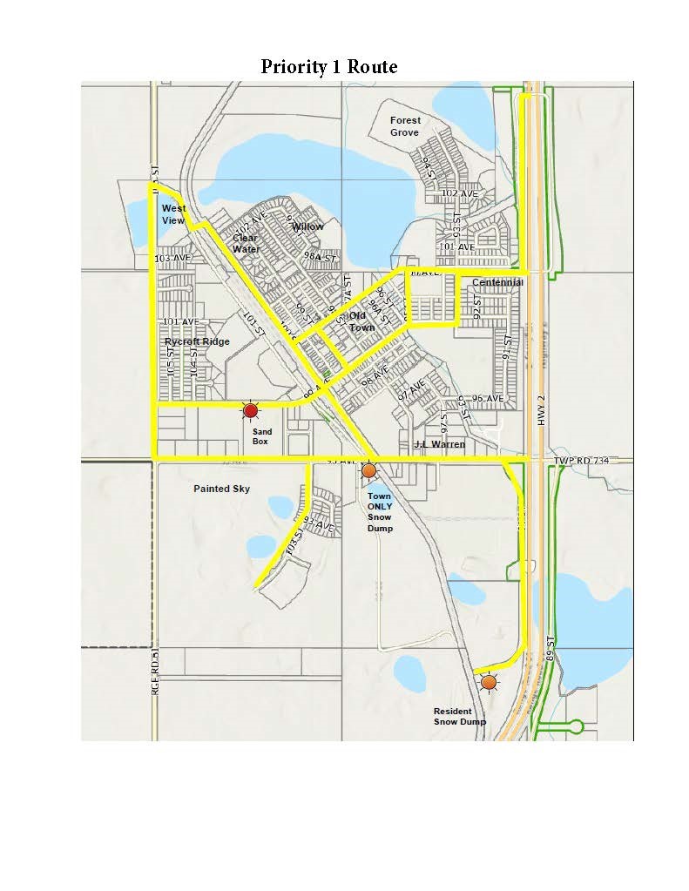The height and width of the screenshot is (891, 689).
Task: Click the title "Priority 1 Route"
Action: pos(328,67)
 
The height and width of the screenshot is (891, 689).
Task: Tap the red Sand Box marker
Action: pos(251,411)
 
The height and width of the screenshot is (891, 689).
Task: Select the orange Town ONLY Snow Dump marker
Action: pos(368,471)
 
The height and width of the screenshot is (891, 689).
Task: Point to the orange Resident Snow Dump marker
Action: pos(490,683)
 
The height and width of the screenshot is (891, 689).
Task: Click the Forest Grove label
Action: pos(405,126)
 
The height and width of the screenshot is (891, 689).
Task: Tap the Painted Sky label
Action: pos(221,489)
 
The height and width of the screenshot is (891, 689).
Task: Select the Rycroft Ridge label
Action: pos(197,341)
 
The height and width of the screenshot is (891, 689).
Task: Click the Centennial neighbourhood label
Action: pos(496,282)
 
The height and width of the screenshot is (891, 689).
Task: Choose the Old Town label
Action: pos(361,322)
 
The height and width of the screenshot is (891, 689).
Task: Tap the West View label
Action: pos(173,214)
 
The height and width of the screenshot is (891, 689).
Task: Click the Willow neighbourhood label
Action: pos(307,226)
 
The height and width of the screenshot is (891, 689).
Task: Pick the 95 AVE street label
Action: pos(488,398)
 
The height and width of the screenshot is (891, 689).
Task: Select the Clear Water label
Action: pos(246,243)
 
